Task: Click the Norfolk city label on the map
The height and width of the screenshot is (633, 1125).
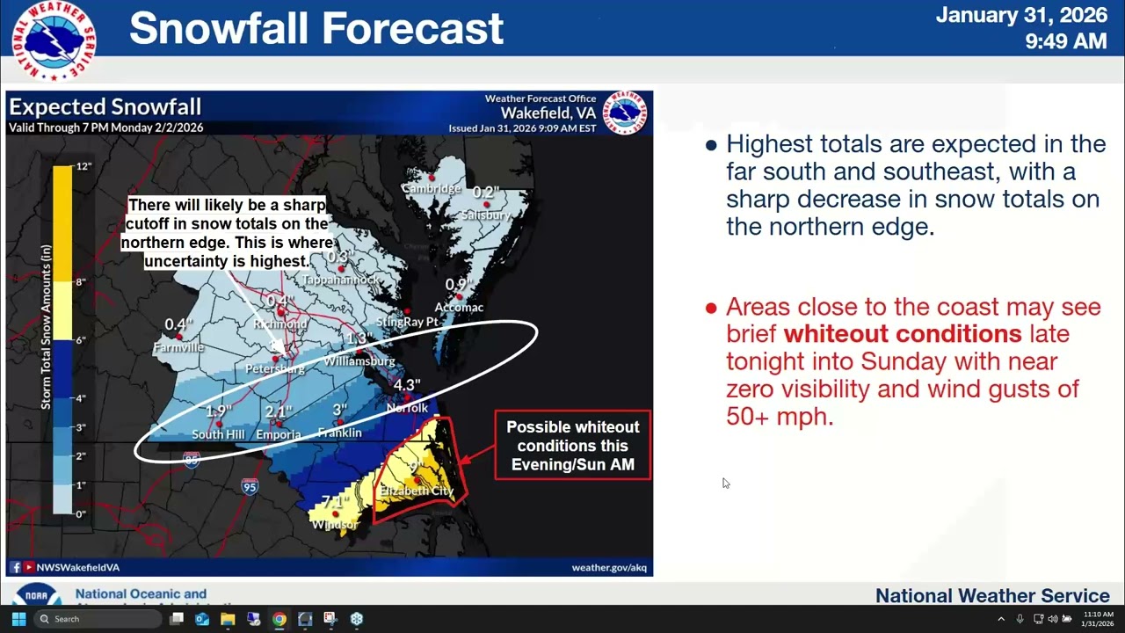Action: coord(407,408)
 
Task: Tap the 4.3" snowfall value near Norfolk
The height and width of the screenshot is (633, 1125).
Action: coord(407,386)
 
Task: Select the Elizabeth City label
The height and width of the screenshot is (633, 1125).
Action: coord(417,491)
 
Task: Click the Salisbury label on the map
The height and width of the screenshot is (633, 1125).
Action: coord(485,215)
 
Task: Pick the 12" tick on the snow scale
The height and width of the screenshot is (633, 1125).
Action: coord(83,166)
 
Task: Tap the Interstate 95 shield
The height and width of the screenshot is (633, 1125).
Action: coord(250,486)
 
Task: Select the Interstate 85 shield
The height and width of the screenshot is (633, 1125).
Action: coord(192,459)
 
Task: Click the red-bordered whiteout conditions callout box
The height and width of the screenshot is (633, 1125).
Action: coord(572,446)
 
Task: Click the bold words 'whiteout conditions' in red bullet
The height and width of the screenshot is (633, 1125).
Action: coord(902,334)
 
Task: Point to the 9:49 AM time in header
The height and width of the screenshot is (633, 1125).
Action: coord(1065,41)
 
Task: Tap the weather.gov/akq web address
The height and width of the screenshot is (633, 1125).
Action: coord(609,567)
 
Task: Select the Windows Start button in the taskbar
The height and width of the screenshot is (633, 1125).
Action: coord(18,619)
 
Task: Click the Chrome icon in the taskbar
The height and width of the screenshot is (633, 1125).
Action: coord(279,619)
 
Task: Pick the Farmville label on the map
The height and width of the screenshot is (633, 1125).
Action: coord(178,347)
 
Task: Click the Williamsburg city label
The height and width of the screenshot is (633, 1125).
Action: coord(359,361)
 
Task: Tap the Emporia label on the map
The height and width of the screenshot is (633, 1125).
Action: coord(278,434)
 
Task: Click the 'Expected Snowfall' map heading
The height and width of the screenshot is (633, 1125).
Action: coord(105,107)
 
